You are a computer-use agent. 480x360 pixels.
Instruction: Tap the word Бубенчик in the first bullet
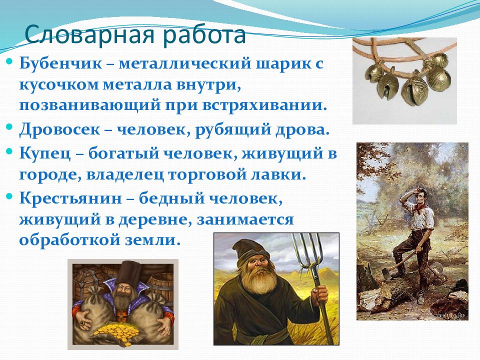[60, 63]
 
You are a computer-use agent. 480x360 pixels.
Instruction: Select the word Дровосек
[59, 130]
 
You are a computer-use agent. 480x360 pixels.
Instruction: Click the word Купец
[45, 153]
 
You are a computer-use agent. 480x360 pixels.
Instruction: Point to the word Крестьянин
[70, 198]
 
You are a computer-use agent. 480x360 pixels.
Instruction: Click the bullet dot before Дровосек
[9, 126]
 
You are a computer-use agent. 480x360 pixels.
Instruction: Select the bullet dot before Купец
[9, 150]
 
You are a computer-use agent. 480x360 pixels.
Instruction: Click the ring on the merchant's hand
[82, 322]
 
